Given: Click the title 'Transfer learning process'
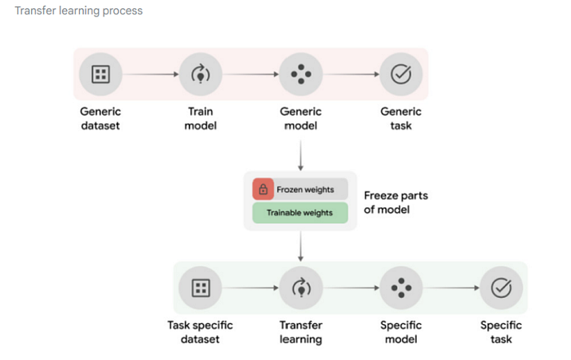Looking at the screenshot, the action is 78,11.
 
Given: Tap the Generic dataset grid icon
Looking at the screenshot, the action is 100,74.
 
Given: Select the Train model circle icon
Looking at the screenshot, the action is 201,74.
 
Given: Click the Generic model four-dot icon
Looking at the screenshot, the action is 301,74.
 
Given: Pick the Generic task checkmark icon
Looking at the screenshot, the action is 401,74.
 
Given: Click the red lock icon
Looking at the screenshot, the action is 263,189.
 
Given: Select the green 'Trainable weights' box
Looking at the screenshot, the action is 300,213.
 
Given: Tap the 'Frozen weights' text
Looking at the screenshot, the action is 305,189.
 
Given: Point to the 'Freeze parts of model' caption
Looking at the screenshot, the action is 396,202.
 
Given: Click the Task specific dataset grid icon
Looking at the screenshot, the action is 201,288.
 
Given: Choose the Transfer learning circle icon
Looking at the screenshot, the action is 301,288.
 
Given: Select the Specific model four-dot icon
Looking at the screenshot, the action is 401,288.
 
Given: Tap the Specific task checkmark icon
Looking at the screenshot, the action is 502,288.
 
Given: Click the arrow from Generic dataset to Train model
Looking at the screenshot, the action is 150,74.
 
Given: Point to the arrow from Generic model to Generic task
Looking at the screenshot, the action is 351,74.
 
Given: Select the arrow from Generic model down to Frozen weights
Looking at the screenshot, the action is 300,156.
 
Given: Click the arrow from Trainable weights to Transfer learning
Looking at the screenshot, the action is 300,247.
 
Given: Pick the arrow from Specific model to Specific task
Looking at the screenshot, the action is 451,288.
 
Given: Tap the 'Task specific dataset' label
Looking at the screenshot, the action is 200,332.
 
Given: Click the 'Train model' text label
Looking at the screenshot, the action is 201,118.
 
